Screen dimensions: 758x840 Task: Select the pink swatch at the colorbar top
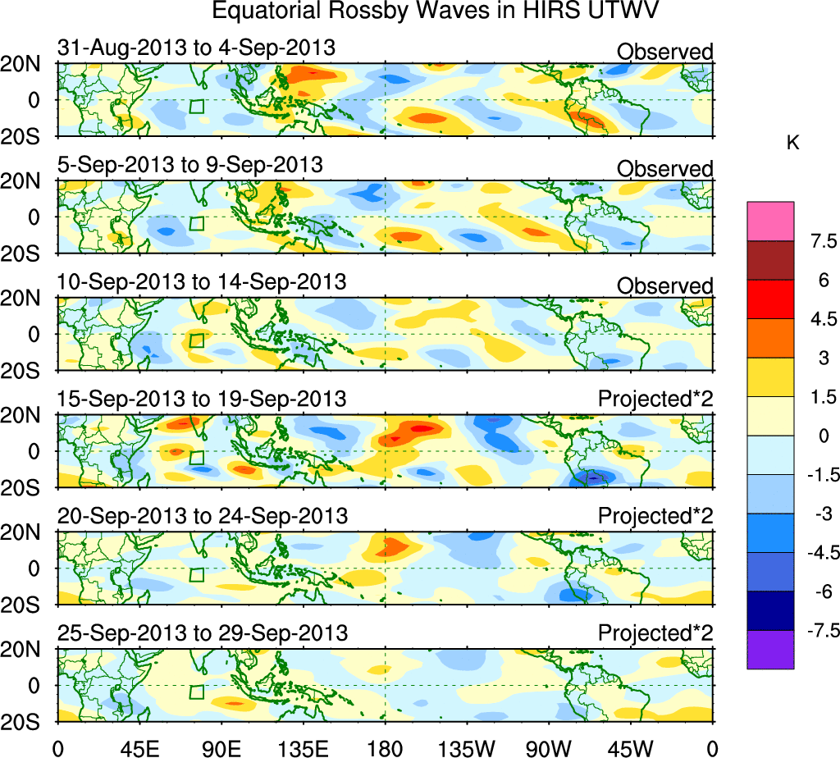point(770,221)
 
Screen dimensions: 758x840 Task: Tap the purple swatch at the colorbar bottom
point(770,650)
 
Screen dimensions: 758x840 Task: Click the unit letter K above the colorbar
point(792,143)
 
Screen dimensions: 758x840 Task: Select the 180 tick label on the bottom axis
point(385,746)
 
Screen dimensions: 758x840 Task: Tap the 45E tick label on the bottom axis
point(139,746)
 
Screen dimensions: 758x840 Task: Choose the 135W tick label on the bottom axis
point(467,746)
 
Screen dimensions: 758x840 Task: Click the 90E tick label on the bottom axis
point(221,746)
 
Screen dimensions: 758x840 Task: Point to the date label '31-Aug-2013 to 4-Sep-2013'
point(196,48)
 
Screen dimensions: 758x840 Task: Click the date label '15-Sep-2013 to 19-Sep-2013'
point(202,400)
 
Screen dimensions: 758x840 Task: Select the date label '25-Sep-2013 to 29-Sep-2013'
point(202,633)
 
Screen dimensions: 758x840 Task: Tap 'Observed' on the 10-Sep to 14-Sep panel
point(664,286)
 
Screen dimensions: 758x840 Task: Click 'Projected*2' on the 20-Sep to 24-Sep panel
point(655,517)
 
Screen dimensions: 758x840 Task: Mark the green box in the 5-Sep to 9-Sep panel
point(196,223)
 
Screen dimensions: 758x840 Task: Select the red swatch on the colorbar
point(770,299)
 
